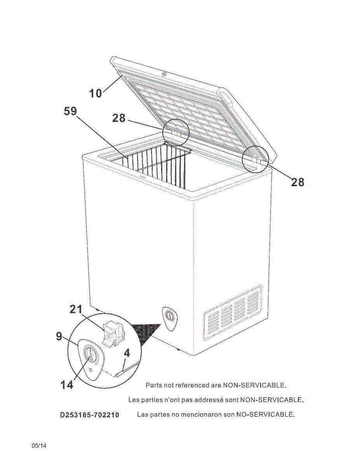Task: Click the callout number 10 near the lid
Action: point(96,93)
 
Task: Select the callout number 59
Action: point(70,111)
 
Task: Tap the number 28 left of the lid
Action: point(119,118)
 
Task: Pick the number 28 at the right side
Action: point(297,182)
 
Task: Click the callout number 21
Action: point(76,309)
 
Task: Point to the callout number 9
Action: point(59,336)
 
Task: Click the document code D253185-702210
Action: point(89,415)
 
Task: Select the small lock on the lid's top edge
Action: point(164,75)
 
